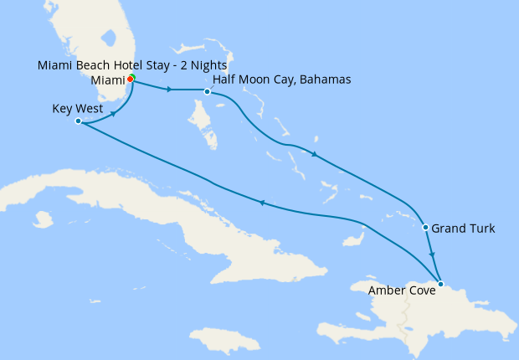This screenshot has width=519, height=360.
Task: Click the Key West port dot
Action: pos(78,121)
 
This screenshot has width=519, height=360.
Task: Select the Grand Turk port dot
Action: pos(426,228)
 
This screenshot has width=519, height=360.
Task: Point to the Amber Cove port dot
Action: pos(441,283)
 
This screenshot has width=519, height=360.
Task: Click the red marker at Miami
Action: pos(131,80)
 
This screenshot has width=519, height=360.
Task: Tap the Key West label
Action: pos(78,109)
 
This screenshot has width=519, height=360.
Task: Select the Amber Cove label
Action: pos(401,291)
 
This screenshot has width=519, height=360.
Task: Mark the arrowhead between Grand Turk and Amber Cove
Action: pos(432,255)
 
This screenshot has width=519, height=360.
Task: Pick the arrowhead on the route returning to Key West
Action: pos(261,203)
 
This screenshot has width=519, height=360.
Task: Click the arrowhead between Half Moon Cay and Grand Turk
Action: pos(314,154)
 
